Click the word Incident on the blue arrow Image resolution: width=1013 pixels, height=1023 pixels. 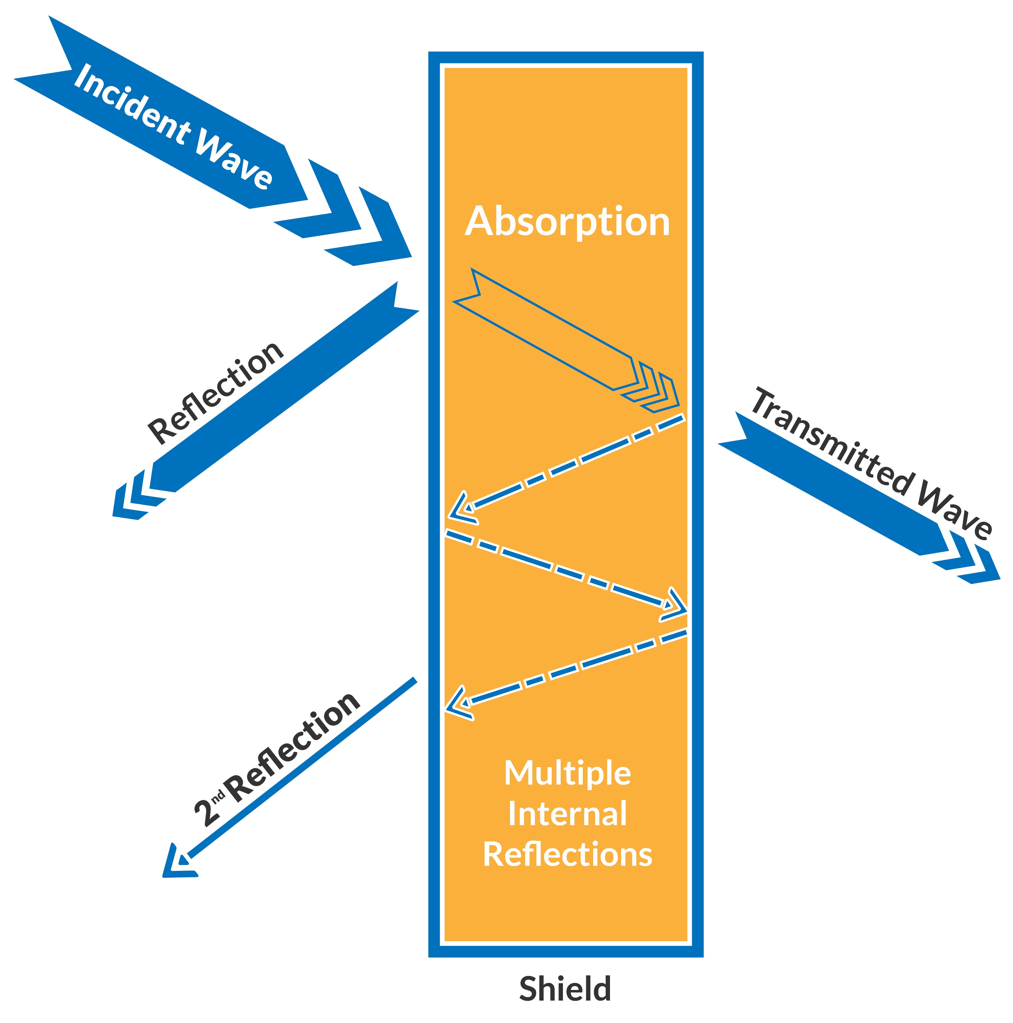(132, 104)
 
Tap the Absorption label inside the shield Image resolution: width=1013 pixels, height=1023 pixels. (567, 221)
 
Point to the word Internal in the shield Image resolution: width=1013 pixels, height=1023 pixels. (567, 814)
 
